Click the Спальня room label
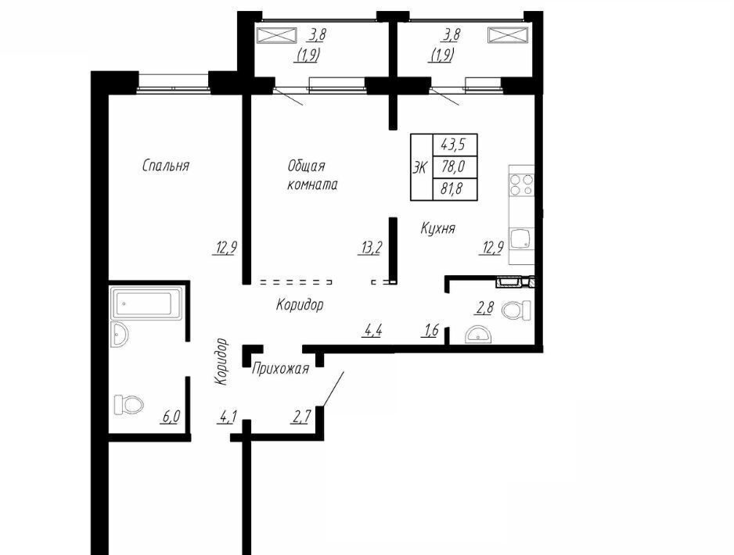(166, 166)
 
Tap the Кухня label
(437, 228)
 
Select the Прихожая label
(280, 368)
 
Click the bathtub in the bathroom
(146, 303)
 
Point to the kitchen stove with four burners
(522, 184)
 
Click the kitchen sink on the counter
(522, 239)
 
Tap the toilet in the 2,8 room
(516, 310)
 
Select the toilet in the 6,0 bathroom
(129, 404)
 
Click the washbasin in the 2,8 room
(478, 335)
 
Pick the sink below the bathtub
(120, 335)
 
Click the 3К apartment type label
(419, 167)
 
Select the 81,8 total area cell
(452, 189)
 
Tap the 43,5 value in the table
(452, 145)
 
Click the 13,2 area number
(370, 248)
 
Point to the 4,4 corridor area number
(373, 331)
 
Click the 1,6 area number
(430, 331)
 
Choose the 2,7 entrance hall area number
(300, 417)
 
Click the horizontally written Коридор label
(300, 305)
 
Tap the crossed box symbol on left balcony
(277, 35)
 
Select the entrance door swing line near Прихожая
(333, 389)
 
